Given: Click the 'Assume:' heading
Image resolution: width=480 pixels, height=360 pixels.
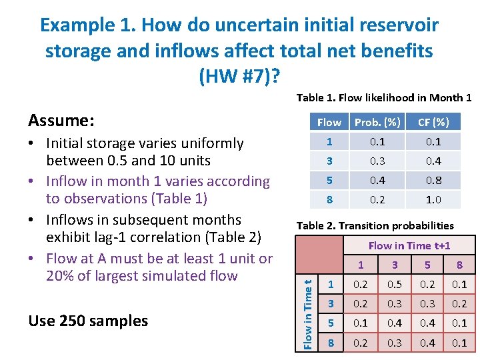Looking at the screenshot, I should click(x=61, y=120).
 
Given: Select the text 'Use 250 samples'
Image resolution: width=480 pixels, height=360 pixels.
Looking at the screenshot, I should click(x=88, y=321).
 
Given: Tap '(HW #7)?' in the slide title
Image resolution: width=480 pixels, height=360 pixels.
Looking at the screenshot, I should click(x=239, y=77).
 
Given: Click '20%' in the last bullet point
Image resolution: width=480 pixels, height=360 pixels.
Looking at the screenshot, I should click(x=62, y=275).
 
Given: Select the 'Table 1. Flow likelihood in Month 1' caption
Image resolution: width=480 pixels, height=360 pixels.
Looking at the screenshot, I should click(x=384, y=98).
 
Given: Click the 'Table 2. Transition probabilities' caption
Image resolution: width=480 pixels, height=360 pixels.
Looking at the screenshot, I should click(x=375, y=225).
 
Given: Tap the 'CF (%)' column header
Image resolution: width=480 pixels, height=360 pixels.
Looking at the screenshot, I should click(x=433, y=122).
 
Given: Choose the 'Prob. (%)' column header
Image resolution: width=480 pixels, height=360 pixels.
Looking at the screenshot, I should click(x=377, y=122).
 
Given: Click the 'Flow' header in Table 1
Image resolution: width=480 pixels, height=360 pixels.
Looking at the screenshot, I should click(x=329, y=122).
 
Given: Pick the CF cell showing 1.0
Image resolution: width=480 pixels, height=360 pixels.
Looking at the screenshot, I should click(x=433, y=199).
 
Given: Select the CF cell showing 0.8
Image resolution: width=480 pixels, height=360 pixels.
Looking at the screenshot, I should click(x=433, y=180).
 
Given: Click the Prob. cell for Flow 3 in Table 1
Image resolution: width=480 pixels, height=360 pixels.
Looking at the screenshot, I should click(x=377, y=161).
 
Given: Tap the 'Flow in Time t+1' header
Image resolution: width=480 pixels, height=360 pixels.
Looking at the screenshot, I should click(x=409, y=245).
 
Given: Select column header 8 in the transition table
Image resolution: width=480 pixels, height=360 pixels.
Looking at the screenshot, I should click(x=459, y=265).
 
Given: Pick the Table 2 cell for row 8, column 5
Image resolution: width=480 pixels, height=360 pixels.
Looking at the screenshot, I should click(x=427, y=343).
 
